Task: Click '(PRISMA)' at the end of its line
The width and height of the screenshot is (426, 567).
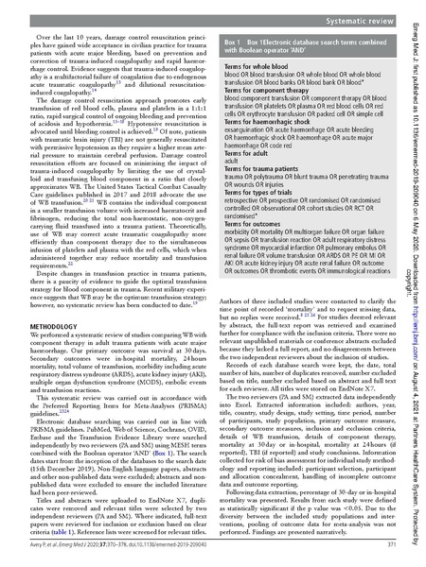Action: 185,416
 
